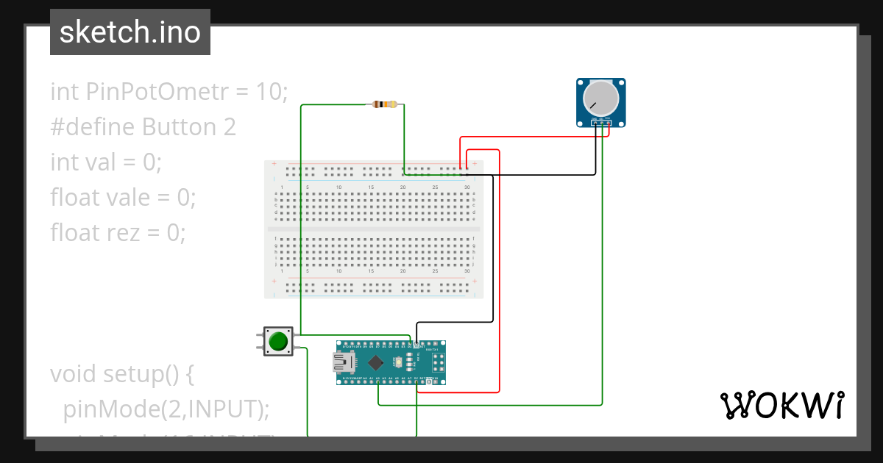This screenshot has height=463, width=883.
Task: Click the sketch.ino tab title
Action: [x=130, y=32]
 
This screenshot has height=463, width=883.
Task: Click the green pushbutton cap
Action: [x=278, y=342]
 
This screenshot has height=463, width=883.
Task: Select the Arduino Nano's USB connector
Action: [x=342, y=362]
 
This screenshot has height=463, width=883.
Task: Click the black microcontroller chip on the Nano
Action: [x=377, y=362]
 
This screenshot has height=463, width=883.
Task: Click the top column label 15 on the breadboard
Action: [x=371, y=187]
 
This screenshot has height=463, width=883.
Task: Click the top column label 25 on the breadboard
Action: [x=435, y=187]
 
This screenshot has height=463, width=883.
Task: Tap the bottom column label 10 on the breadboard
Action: [x=338, y=271]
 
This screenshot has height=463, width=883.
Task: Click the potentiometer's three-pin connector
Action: [x=601, y=122]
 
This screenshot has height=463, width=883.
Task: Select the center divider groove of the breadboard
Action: [x=374, y=229]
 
